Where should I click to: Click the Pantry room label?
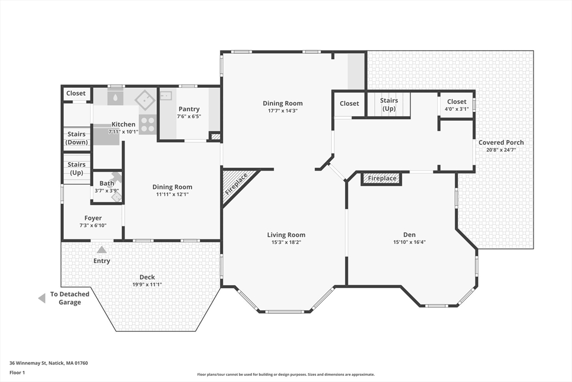click(x=189, y=109)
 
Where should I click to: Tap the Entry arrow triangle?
click(x=102, y=250)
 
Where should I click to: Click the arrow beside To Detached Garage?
click(x=41, y=298)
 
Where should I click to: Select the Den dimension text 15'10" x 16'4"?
click(x=409, y=242)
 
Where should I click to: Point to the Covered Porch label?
click(x=501, y=143)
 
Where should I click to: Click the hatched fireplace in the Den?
click(x=382, y=178)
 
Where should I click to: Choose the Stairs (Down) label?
click(x=77, y=138)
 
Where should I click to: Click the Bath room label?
click(x=107, y=183)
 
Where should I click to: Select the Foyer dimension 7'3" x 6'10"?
click(x=93, y=225)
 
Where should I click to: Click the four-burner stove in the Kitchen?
click(x=147, y=124)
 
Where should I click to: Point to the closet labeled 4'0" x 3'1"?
click(x=457, y=105)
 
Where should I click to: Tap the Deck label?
click(x=147, y=277)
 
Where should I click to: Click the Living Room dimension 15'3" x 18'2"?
click(x=286, y=242)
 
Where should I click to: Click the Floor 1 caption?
click(x=17, y=372)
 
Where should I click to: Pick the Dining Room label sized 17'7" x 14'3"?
click(x=283, y=103)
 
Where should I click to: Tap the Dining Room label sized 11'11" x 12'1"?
click(x=172, y=187)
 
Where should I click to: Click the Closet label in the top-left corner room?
click(x=76, y=93)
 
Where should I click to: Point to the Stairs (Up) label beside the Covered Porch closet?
click(x=389, y=105)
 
